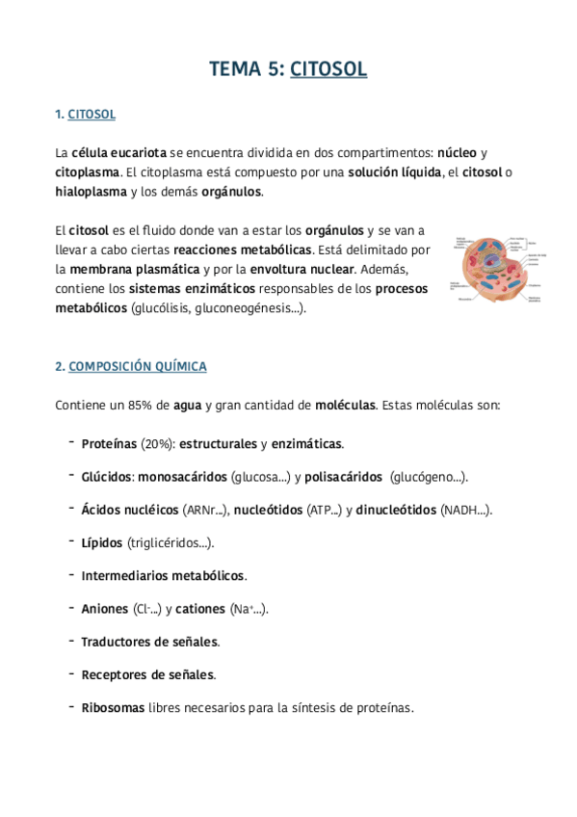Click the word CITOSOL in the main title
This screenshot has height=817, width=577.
click(x=328, y=69)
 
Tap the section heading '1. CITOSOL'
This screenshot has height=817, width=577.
click(x=86, y=115)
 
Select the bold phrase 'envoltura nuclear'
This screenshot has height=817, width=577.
click(x=302, y=269)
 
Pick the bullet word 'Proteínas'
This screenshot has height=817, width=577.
click(x=109, y=444)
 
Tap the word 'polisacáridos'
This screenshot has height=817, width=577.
click(x=346, y=477)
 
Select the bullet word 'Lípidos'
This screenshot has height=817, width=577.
click(x=102, y=542)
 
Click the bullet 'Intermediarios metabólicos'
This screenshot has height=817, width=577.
click(x=163, y=575)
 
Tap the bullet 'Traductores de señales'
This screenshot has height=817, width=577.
click(x=149, y=641)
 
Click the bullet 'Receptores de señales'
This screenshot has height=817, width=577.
click(x=147, y=673)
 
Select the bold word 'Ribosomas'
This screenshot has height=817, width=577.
click(x=113, y=707)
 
